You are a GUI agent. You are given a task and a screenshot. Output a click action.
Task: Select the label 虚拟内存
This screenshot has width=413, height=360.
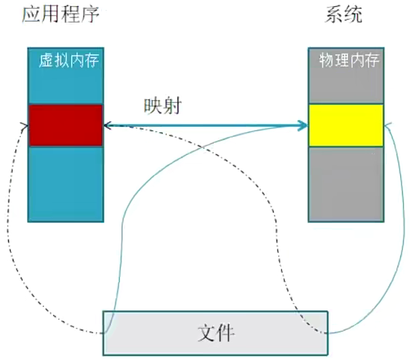point(70,62)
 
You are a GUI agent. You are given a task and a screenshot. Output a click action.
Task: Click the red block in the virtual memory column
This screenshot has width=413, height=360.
point(66,125)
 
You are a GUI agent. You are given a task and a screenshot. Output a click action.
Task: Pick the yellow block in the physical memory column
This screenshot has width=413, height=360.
point(346,125)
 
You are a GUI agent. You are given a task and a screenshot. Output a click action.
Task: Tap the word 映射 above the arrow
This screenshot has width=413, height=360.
point(162,107)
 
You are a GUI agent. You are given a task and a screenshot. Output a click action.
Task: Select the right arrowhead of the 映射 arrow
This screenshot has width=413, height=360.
point(303,125)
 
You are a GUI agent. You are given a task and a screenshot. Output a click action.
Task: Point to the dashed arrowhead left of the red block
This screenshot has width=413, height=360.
point(25,125)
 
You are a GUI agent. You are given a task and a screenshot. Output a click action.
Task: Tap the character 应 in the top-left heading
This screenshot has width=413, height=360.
point(32,14)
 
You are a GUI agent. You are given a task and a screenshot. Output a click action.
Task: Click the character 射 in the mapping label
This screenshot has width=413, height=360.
point(171,107)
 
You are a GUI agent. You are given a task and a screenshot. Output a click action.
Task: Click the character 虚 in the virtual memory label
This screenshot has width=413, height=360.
point(47,62)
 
